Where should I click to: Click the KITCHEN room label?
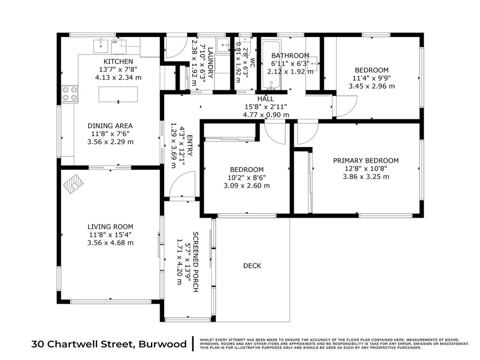click(118, 62)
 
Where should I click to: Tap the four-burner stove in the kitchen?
click(70, 93)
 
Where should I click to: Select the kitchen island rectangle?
click(118, 94)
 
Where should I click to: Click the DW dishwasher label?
click(115, 42)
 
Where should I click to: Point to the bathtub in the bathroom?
click(271, 65)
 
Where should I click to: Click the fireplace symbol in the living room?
click(73, 184)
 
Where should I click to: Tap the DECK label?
click(252, 266)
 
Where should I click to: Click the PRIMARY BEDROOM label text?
click(366, 161)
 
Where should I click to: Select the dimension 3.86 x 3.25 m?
click(366, 176)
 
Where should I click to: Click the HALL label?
click(265, 99)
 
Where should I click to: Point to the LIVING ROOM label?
click(110, 227)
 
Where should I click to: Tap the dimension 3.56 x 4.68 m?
click(110, 243)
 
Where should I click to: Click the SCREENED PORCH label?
click(196, 262)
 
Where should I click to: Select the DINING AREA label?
click(110, 125)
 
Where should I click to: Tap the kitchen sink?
click(101, 46)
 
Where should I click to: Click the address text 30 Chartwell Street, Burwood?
click(109, 344)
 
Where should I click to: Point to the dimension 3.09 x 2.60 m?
click(247, 185)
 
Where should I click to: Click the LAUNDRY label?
click(210, 63)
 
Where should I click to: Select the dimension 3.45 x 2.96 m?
click(371, 86)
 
